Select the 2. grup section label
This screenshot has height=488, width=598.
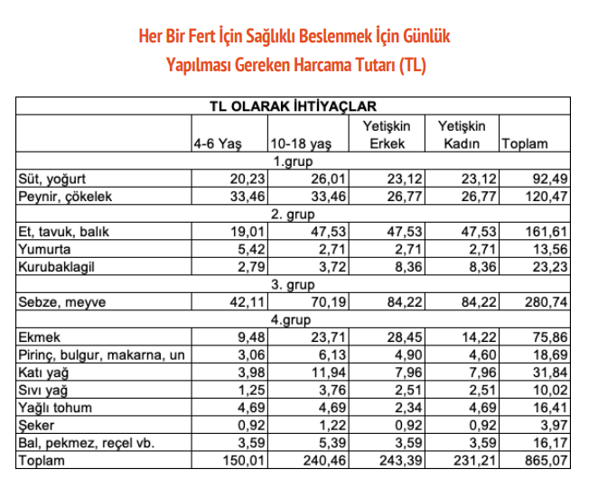292,214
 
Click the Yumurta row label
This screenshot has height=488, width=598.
46,248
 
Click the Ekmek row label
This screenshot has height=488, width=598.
41,337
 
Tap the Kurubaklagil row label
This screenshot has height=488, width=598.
56,266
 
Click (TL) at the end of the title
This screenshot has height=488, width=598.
411,64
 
